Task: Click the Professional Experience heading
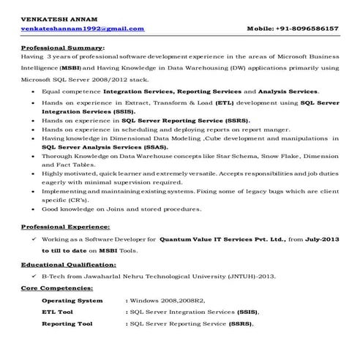click(x=66, y=228)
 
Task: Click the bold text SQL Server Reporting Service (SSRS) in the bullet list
click(x=186, y=120)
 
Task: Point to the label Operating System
click(x=72, y=300)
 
